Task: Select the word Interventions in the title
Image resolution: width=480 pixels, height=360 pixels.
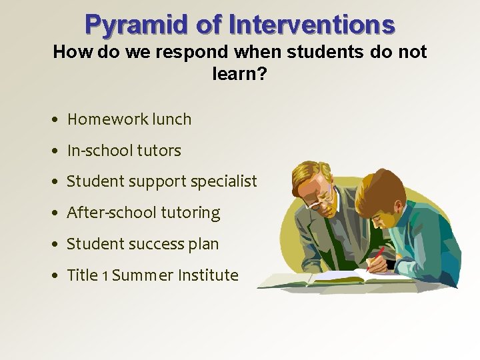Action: (x=311, y=25)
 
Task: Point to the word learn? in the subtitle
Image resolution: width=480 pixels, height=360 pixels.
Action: (x=239, y=73)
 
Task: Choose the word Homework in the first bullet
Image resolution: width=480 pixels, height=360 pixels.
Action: (x=107, y=120)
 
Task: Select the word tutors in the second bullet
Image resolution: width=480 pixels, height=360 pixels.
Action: (x=159, y=151)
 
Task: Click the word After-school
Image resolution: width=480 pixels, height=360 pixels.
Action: (x=109, y=213)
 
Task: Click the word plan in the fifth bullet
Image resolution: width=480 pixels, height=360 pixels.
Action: (x=204, y=245)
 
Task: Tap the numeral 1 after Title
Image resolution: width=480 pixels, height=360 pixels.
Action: (x=105, y=276)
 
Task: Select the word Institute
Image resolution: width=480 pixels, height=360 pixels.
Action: (x=207, y=275)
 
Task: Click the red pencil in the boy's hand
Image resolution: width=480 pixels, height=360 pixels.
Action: (x=378, y=257)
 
